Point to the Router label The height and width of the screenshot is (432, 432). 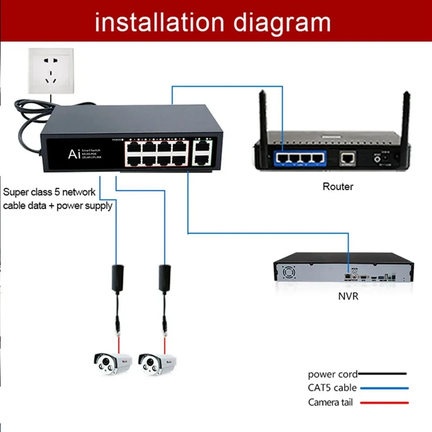pos(337,187)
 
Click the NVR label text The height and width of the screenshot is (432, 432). pos(348,296)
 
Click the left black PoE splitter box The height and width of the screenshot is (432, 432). pos(117,276)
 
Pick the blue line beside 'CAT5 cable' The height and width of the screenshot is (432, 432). pos(382,388)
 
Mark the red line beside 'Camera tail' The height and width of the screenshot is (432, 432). pos(382,402)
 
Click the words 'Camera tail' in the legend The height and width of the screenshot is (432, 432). pos(332,402)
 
